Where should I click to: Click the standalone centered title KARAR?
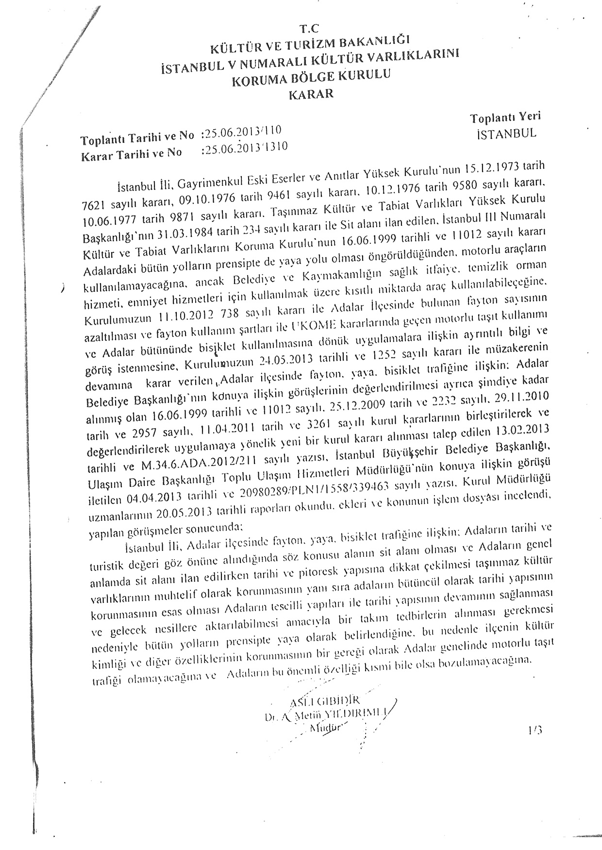pos(311,94)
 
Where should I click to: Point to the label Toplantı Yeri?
pos(505,117)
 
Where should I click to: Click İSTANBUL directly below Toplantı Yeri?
pos(507,133)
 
